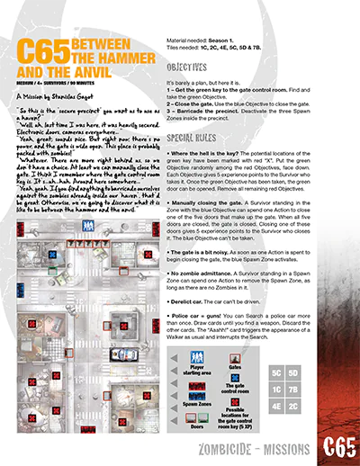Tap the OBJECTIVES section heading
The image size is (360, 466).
(x=193, y=67)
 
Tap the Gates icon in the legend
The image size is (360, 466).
(x=235, y=357)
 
